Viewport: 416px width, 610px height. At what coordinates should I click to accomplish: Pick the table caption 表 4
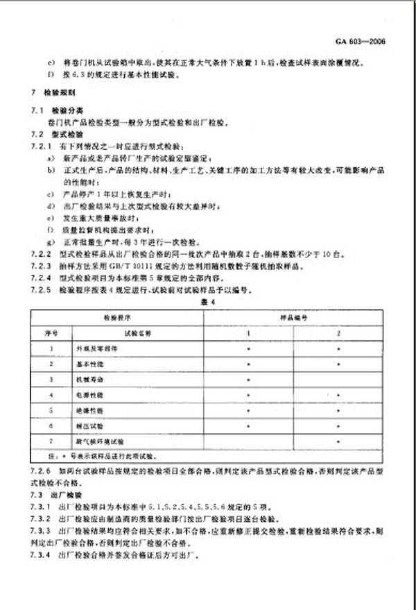pyautogui.click(x=208, y=302)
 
